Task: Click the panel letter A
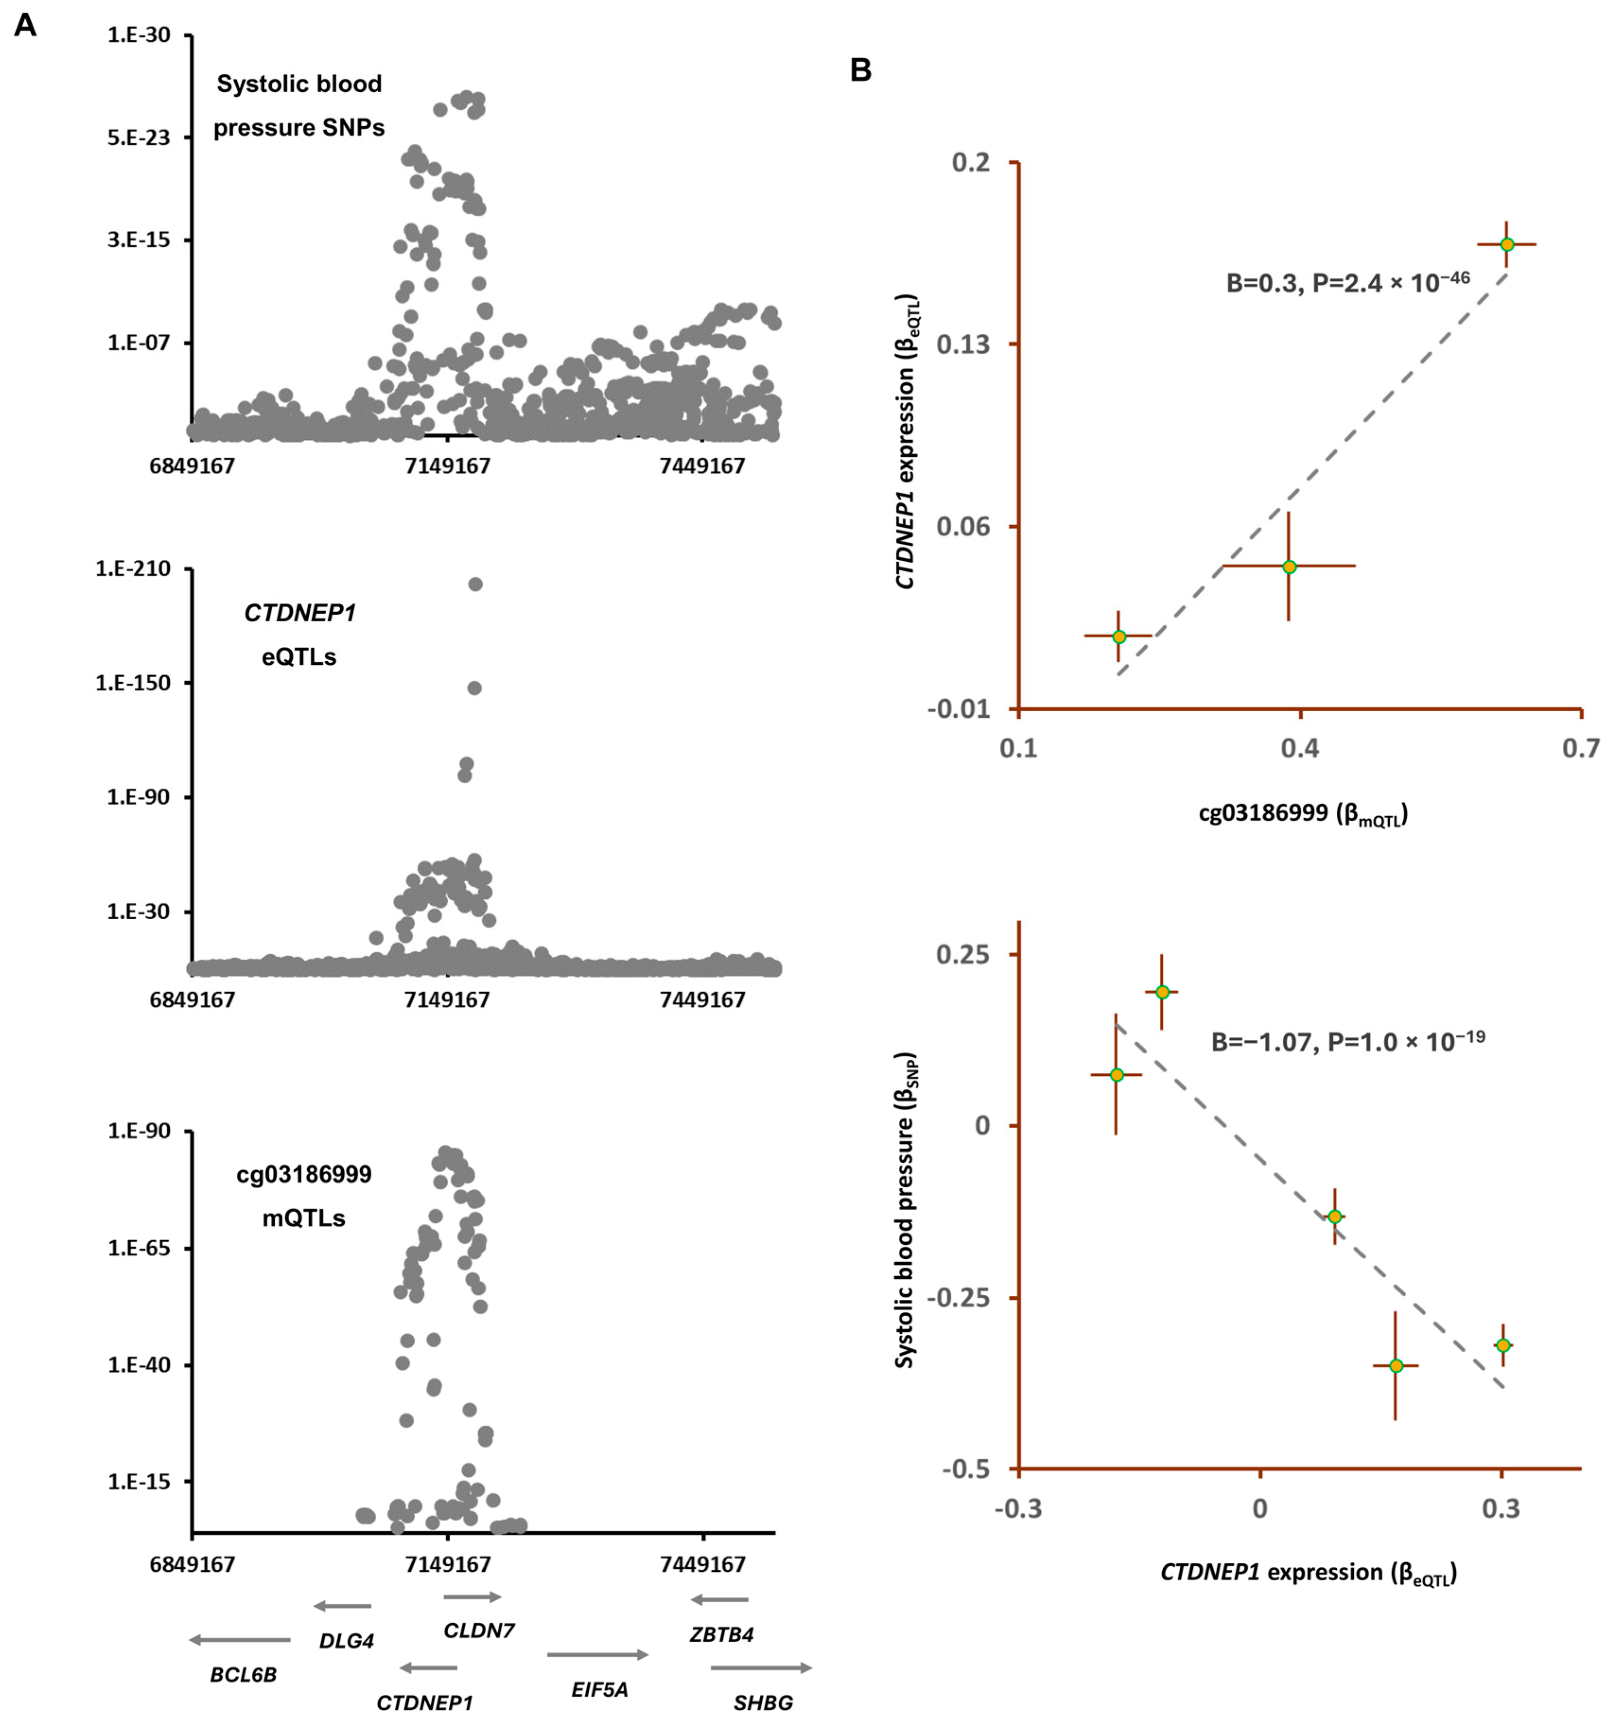(x=25, y=26)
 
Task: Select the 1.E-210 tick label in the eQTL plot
(x=133, y=569)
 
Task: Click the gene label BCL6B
(x=244, y=1674)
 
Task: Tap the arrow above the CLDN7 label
(x=472, y=1596)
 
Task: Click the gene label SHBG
(x=763, y=1702)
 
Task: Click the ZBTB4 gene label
(x=722, y=1635)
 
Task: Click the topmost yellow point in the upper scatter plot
(x=1507, y=244)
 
